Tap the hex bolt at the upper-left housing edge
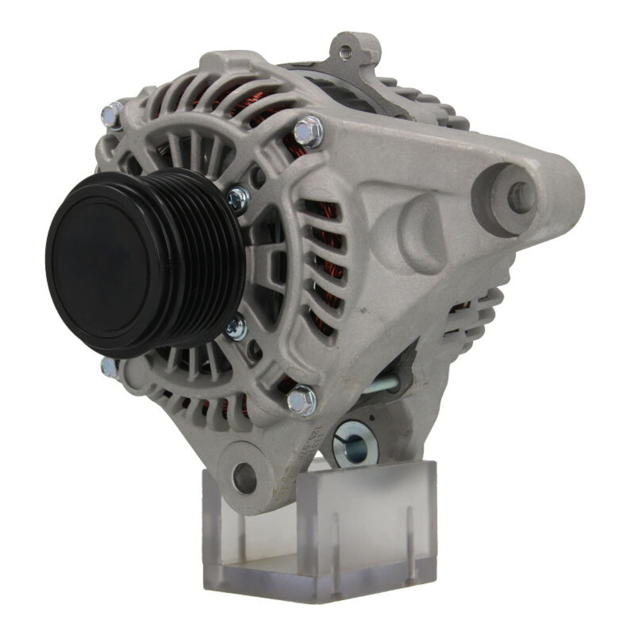112,116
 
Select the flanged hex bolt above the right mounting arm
309,132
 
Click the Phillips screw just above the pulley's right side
237,199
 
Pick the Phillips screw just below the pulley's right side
236,328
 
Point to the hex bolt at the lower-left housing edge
110,368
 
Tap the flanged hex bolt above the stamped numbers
302,401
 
